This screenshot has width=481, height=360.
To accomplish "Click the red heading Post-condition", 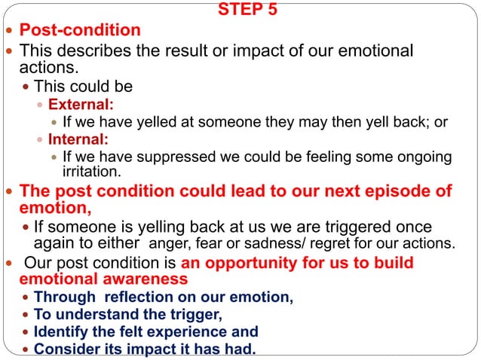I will point(80,31).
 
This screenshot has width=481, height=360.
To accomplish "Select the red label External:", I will point(81,104).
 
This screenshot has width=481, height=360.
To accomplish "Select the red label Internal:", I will point(78,139).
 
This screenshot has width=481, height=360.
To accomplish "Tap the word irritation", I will point(91,171).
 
